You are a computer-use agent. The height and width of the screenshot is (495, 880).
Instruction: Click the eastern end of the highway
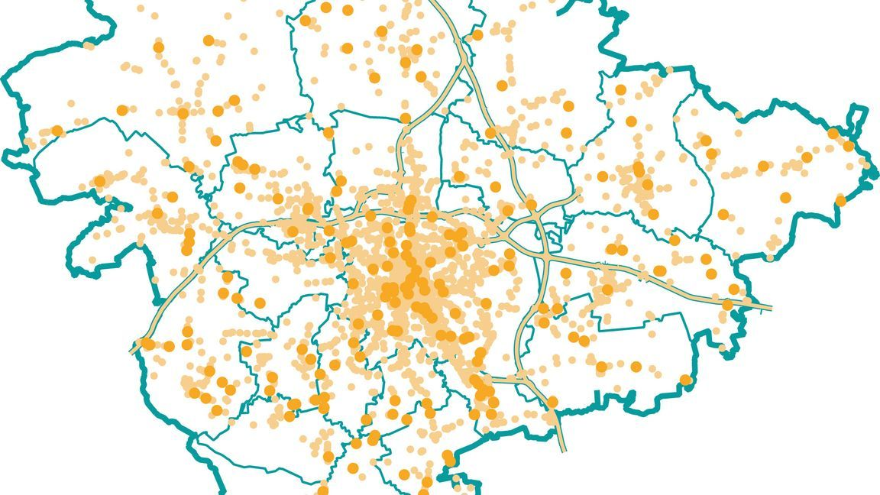point(769,308)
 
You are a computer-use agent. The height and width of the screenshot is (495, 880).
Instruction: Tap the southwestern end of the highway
point(133,351)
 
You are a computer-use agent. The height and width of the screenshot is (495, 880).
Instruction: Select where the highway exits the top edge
point(432,2)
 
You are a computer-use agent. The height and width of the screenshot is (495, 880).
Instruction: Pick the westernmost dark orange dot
point(57,131)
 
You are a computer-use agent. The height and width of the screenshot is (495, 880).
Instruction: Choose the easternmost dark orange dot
point(848,145)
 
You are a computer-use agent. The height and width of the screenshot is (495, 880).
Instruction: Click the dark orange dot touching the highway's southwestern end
point(145,344)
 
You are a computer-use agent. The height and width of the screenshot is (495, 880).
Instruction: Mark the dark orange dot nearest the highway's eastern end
point(727,304)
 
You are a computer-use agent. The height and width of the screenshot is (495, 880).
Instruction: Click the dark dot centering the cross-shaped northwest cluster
point(183,114)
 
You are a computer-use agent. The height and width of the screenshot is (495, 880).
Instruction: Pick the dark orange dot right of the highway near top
point(477,34)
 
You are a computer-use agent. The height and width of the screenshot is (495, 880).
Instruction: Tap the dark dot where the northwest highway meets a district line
point(405,118)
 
